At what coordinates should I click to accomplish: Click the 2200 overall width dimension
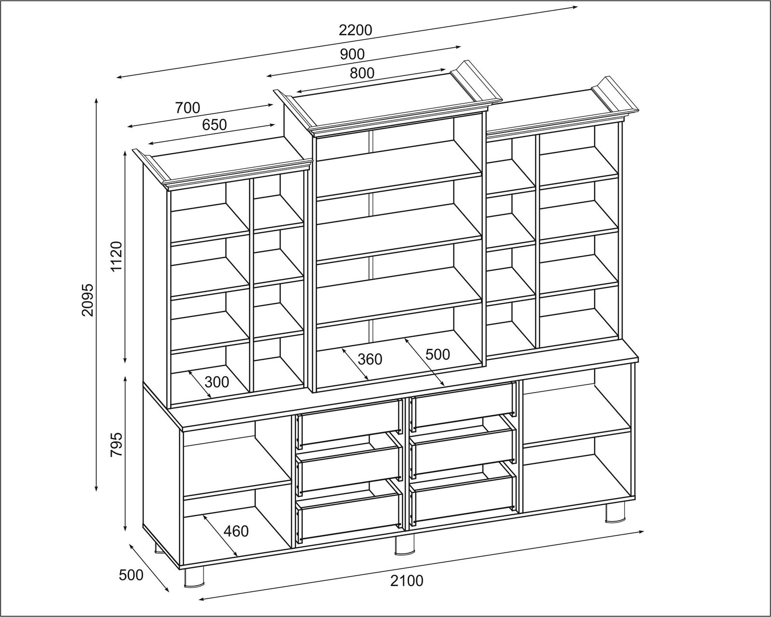(x=356, y=30)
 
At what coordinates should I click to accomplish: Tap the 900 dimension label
(x=352, y=54)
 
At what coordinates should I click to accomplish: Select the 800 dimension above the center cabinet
(x=362, y=73)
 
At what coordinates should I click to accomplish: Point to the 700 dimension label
(x=187, y=108)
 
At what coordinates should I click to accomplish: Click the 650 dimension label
(x=214, y=125)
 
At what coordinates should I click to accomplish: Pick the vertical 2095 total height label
(x=88, y=300)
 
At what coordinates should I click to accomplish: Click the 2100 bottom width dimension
(x=406, y=581)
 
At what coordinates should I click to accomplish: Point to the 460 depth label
(x=236, y=531)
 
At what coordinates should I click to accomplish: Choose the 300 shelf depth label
(x=217, y=382)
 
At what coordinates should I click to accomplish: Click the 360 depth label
(x=370, y=359)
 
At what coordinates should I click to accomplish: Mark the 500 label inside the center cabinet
(x=438, y=354)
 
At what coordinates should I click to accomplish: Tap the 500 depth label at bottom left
(x=131, y=575)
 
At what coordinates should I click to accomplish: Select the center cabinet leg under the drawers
(x=404, y=545)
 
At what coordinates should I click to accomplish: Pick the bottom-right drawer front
(x=463, y=499)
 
